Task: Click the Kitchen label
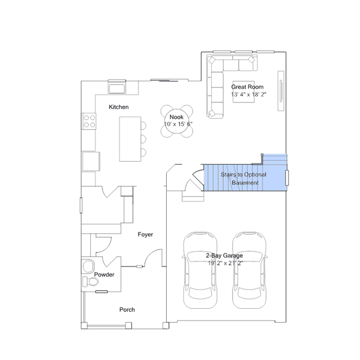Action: [x=118, y=107]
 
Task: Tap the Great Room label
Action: [x=247, y=87]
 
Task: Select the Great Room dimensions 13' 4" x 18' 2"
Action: [x=248, y=94]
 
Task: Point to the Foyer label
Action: [x=145, y=234]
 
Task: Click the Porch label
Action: [x=127, y=310]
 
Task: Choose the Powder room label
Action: [x=104, y=274]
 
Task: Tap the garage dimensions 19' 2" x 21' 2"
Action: [x=225, y=263]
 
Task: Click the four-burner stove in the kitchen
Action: [x=89, y=121]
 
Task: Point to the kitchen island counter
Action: [x=130, y=139]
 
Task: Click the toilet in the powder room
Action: [x=90, y=282]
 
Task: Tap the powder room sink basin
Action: [x=88, y=266]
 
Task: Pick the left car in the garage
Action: [x=200, y=270]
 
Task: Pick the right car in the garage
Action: [x=250, y=270]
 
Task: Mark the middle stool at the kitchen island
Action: [x=144, y=139]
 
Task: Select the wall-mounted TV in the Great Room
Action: [x=281, y=91]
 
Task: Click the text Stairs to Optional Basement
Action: [x=243, y=179]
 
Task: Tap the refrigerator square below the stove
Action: [x=91, y=161]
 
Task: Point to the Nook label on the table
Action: [x=176, y=117]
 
